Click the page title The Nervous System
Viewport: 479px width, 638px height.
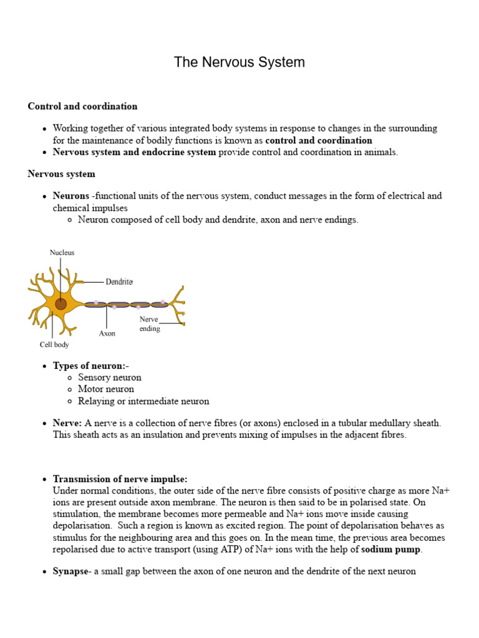coord(239,62)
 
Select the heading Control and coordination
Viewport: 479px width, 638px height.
coord(82,106)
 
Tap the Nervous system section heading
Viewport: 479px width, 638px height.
coord(61,174)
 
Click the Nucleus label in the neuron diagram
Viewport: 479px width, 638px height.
coord(62,252)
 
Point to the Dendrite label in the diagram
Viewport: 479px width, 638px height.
coord(119,282)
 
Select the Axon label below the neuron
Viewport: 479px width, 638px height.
coord(107,333)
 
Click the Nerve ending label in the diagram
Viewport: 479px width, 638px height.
coord(150,323)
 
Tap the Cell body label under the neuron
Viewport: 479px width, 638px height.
coord(54,345)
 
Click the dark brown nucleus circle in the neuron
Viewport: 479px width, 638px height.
coord(60,304)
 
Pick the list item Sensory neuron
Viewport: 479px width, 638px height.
coord(110,378)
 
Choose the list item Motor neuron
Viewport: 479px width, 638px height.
coord(106,389)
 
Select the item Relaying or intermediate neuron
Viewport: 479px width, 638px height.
coord(143,401)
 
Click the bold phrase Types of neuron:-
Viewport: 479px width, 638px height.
coord(91,366)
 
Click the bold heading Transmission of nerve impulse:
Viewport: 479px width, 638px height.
coord(120,479)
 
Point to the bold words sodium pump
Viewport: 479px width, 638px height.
coord(391,550)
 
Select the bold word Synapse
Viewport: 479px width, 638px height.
coord(70,571)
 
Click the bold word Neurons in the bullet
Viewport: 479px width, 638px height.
coord(71,196)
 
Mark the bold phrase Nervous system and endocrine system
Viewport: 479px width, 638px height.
coord(134,152)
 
